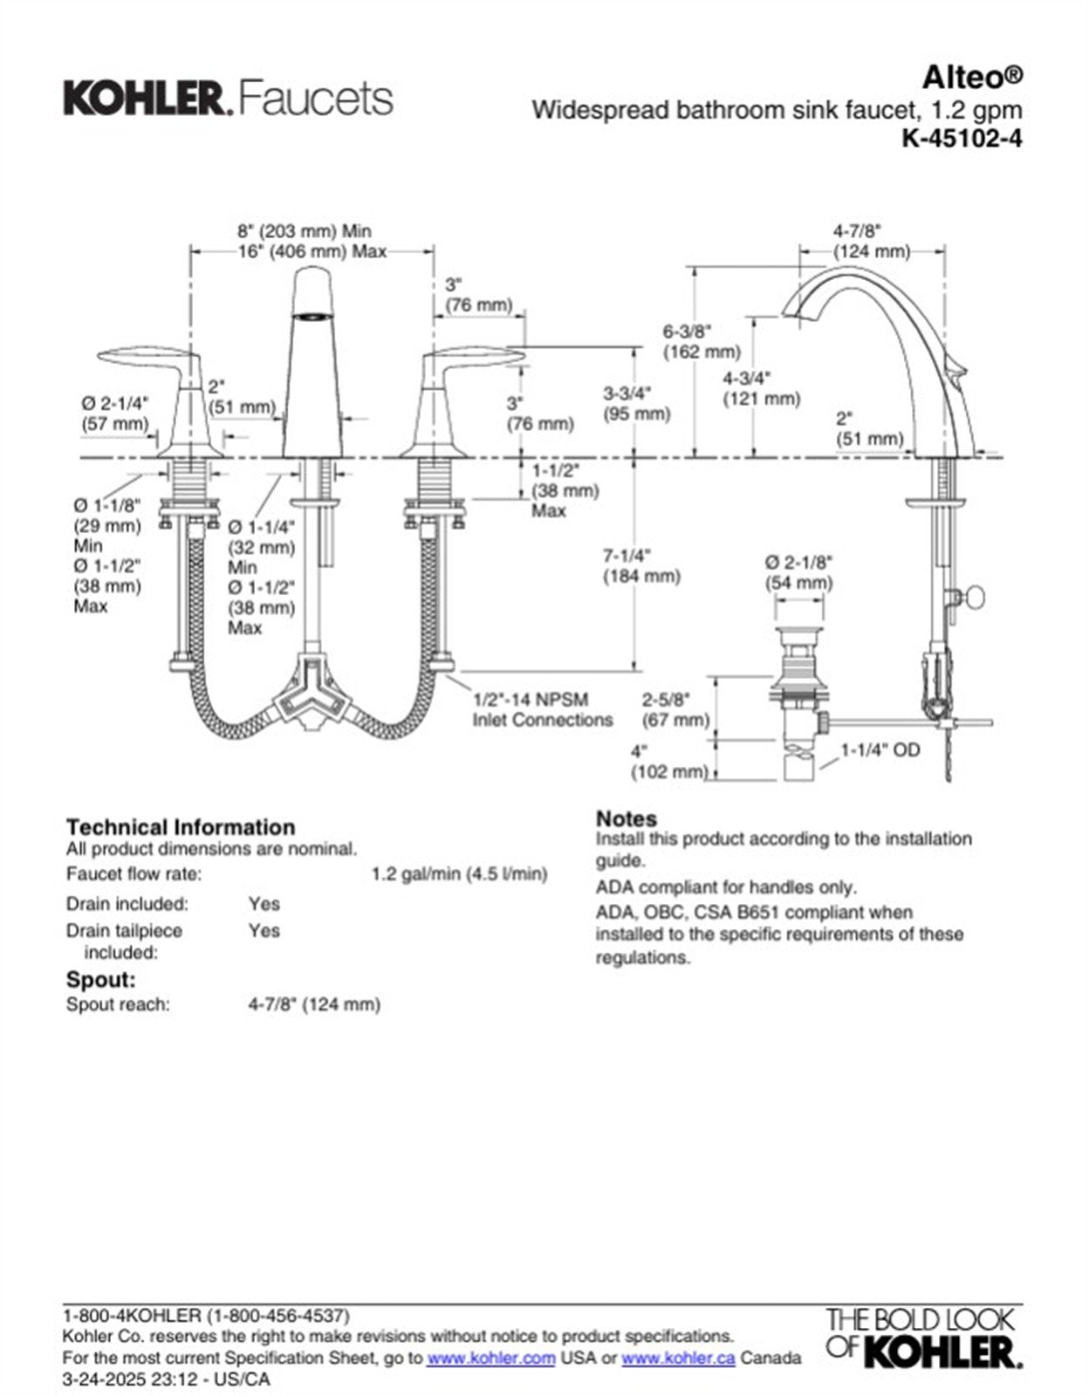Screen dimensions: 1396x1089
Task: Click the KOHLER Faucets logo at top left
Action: (x=227, y=98)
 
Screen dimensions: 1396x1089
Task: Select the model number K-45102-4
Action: (x=962, y=138)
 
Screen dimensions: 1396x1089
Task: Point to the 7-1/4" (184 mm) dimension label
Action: (x=641, y=565)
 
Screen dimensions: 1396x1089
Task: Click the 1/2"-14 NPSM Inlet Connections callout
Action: (x=542, y=709)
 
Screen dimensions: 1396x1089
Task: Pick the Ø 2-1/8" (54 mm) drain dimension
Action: (x=798, y=572)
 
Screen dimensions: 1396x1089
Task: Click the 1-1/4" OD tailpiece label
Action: (x=880, y=749)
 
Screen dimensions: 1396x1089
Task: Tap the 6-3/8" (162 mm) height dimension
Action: (x=700, y=342)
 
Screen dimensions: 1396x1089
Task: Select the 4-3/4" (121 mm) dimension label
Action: (x=760, y=388)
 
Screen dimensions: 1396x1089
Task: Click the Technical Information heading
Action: (x=181, y=826)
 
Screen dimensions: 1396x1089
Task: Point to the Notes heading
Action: (x=626, y=818)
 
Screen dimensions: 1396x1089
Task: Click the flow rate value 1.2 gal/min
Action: (x=459, y=873)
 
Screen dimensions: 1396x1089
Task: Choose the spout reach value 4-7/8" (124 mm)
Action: (x=314, y=1004)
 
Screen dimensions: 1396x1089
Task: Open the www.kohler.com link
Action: (x=491, y=1358)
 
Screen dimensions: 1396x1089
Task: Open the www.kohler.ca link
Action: (x=678, y=1358)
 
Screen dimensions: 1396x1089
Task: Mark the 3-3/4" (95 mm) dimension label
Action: (x=636, y=403)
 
